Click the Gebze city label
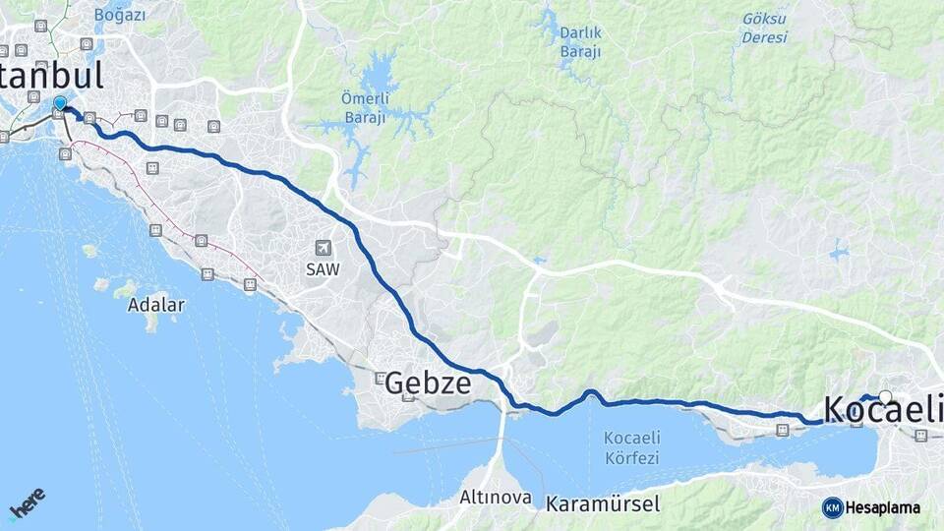click(x=429, y=383)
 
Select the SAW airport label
click(x=322, y=268)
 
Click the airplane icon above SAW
click(x=323, y=248)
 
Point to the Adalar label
click(x=155, y=305)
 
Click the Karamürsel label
click(x=603, y=503)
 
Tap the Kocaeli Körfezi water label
click(x=632, y=449)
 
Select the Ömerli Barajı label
click(x=365, y=104)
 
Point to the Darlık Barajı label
click(x=580, y=41)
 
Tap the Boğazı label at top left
click(x=120, y=15)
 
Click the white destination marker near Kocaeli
click(x=885, y=397)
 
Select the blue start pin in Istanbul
click(x=60, y=103)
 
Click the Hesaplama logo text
click(x=883, y=507)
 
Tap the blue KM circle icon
click(x=833, y=507)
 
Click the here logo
click(x=28, y=502)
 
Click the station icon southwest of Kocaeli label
click(x=782, y=430)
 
